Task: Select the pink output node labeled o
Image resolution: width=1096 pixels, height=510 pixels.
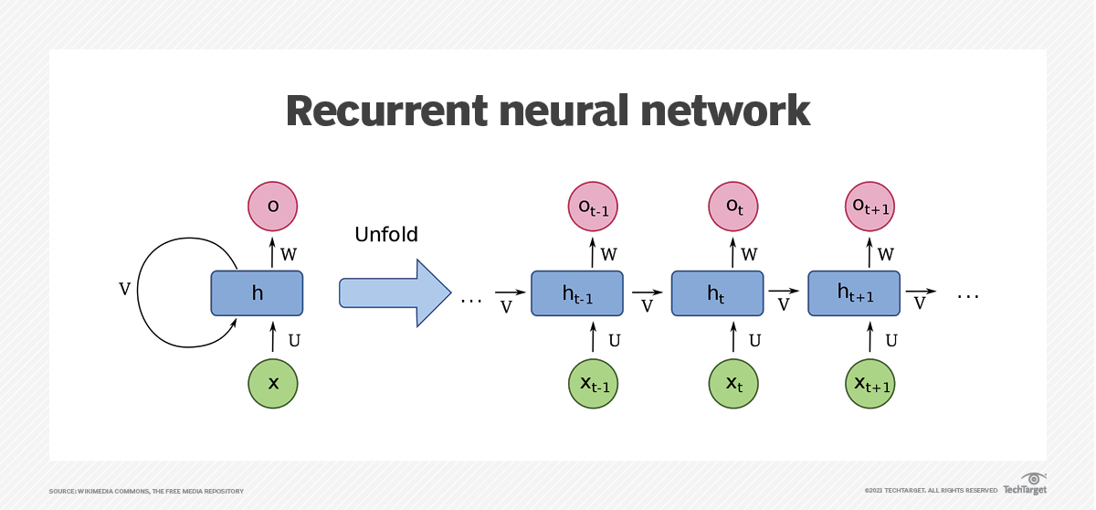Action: point(273,207)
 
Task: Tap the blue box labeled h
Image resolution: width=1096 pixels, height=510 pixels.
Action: point(257,293)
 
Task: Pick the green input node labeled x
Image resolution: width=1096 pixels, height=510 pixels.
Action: point(273,383)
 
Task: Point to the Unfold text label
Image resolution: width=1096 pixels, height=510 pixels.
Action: point(385,235)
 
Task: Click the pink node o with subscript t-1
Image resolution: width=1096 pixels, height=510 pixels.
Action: point(594,207)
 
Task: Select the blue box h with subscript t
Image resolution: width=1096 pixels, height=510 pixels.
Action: point(717,293)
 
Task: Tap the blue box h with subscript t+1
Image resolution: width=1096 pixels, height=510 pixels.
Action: point(855,293)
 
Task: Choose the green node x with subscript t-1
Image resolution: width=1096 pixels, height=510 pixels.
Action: point(594,384)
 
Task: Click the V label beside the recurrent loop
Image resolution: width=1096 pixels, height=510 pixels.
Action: point(125,290)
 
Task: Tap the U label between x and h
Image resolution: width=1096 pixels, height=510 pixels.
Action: point(294,341)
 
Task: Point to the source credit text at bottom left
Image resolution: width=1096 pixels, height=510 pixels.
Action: point(146,492)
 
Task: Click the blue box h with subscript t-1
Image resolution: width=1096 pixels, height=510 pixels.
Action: point(577,293)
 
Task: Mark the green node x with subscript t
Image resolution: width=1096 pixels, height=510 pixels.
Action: point(733,384)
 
